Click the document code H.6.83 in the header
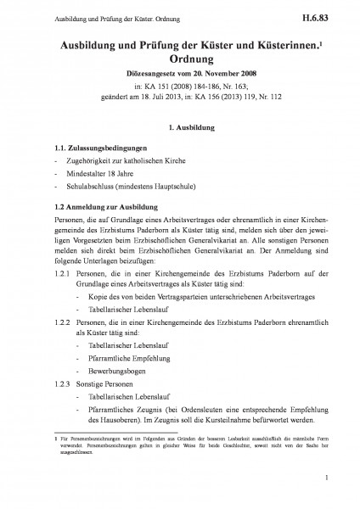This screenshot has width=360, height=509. (325, 16)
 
